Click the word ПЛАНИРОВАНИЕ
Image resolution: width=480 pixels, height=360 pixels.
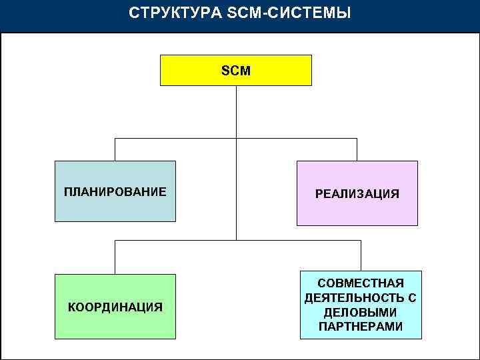click(x=115, y=192)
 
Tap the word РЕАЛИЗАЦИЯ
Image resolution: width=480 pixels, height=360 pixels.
click(x=357, y=194)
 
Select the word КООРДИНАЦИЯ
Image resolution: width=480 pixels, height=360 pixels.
click(x=115, y=307)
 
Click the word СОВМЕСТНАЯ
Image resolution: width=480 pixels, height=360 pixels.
click(x=360, y=283)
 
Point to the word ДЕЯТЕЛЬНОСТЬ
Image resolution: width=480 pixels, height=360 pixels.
click(x=349, y=298)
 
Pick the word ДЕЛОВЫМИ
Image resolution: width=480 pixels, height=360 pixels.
click(x=360, y=312)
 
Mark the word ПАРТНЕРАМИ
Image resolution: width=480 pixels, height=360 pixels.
click(x=360, y=327)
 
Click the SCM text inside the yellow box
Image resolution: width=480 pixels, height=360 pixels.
click(x=235, y=71)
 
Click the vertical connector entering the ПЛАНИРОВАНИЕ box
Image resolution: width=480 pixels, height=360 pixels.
click(x=115, y=150)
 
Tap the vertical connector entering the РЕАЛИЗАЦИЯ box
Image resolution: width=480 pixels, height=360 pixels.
click(x=357, y=150)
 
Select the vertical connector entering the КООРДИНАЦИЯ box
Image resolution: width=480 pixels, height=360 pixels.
click(x=115, y=257)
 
